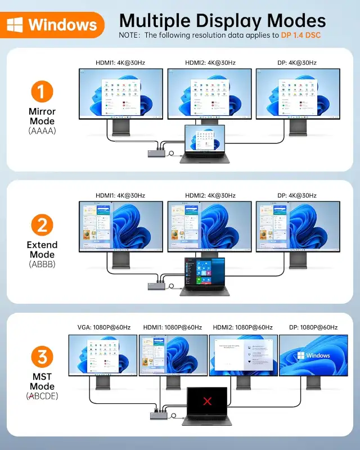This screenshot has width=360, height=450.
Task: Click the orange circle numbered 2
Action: (42, 226)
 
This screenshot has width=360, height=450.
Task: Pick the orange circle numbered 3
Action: (42, 357)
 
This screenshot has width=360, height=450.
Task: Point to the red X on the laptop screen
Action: (208, 401)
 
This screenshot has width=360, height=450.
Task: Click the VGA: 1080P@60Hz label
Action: (103, 327)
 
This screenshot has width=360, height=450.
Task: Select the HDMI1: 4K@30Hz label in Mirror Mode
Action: (120, 62)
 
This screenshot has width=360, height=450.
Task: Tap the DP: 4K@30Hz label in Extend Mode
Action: (298, 196)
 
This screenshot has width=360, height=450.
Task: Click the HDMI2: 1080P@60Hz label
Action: (242, 327)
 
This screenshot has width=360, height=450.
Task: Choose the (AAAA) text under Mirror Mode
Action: (42, 130)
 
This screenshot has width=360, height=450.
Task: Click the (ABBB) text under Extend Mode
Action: (42, 263)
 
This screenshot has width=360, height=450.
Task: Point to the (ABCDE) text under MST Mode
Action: (42, 396)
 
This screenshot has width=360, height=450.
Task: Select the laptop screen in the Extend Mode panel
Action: (205, 272)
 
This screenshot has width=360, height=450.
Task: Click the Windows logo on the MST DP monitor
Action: (301, 355)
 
